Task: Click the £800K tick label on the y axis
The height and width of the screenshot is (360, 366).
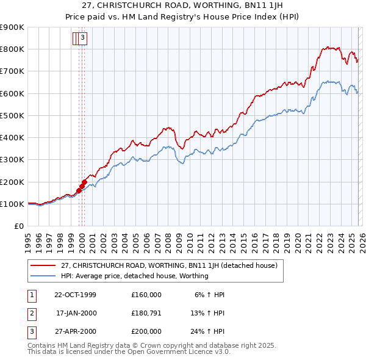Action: click(x=12, y=49)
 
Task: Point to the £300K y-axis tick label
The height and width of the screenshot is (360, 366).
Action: click(x=12, y=160)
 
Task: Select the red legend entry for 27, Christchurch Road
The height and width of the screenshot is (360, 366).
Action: click(x=169, y=265)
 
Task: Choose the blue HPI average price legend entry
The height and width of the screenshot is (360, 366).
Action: click(x=134, y=276)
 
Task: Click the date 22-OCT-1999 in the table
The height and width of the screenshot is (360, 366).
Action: click(x=75, y=295)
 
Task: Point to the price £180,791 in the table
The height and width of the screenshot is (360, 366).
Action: click(x=146, y=313)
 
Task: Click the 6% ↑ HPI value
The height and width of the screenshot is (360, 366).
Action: click(x=209, y=295)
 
